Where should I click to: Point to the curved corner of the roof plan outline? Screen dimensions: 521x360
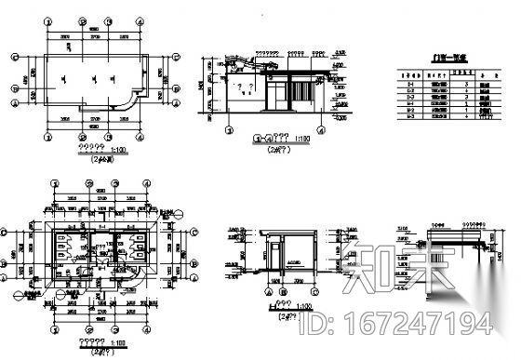coord(135,100)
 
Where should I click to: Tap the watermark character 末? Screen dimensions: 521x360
coord(425,269)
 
